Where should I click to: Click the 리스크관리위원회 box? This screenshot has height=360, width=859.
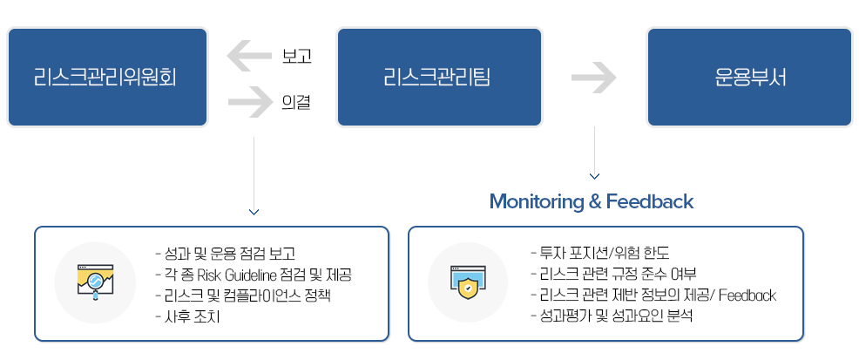click(107, 78)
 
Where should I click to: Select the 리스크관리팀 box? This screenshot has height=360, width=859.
click(439, 78)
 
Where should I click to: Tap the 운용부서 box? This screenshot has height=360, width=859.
click(748, 78)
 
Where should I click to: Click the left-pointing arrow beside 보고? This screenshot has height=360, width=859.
click(248, 57)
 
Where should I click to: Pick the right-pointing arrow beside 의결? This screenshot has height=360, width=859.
click(249, 103)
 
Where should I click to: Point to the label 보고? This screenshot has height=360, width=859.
click(297, 57)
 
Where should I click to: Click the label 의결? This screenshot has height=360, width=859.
click(296, 103)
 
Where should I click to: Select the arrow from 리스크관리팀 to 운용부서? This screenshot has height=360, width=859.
click(593, 78)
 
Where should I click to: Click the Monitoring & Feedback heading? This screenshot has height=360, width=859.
click(591, 201)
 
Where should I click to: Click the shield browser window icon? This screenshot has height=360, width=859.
click(469, 282)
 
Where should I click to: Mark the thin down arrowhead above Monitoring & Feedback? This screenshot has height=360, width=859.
click(594, 177)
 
